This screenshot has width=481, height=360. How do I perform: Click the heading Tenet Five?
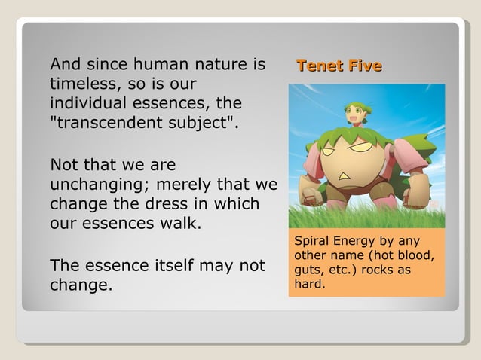pyautogui.click(x=339, y=66)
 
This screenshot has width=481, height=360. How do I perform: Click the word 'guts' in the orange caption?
pyautogui.click(x=308, y=270)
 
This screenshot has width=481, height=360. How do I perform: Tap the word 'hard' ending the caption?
pyautogui.click(x=309, y=285)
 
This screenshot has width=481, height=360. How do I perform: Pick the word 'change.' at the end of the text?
pyautogui.click(x=81, y=285)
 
